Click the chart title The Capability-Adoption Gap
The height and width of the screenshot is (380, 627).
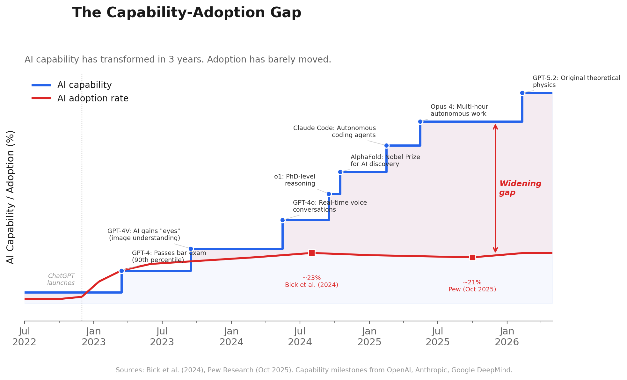[186, 13]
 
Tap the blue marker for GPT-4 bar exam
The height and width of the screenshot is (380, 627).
[121, 271]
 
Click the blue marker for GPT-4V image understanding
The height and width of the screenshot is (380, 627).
[191, 249]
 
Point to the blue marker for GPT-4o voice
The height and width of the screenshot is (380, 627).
[282, 220]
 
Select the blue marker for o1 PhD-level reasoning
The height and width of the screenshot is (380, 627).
[329, 194]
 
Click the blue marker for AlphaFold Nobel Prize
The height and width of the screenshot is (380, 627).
[340, 172]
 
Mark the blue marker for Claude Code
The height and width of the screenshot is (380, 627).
[386, 145]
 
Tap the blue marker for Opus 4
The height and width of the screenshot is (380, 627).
[420, 121]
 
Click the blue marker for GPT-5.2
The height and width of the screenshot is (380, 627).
[522, 93]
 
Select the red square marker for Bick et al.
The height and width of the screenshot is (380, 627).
[312, 253]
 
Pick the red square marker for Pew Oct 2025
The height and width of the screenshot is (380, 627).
[472, 257]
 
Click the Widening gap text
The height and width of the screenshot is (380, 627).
[520, 188]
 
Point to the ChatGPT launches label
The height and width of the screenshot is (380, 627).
[61, 279]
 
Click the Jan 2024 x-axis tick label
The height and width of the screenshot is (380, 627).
[231, 337]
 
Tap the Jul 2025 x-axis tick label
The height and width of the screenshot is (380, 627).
[437, 337]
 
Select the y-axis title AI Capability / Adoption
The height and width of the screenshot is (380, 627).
[11, 197]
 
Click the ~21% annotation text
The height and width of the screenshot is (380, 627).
[472, 282]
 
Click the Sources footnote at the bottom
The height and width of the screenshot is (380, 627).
[314, 370]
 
